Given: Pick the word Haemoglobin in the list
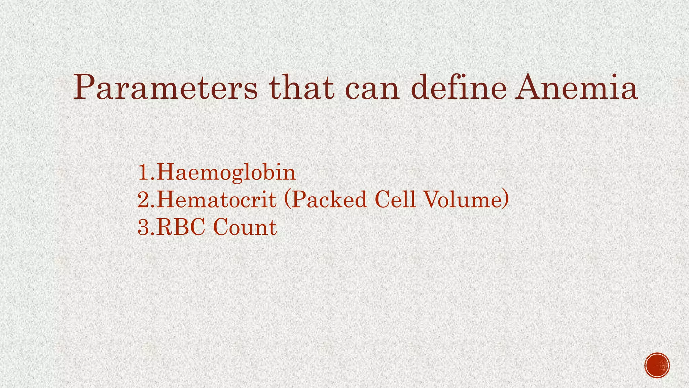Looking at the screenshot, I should tap(226, 172).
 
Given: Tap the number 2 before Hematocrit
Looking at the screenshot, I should tap(144, 200).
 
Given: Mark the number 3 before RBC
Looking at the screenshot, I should tap(144, 227).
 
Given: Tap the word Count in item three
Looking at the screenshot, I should tap(245, 227).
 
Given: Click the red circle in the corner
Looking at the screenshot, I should tap(657, 365).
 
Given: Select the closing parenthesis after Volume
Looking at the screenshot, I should tap(506, 200).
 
